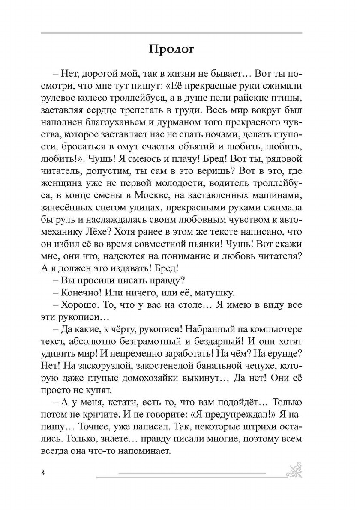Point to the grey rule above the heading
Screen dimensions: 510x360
pos(171,33)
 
